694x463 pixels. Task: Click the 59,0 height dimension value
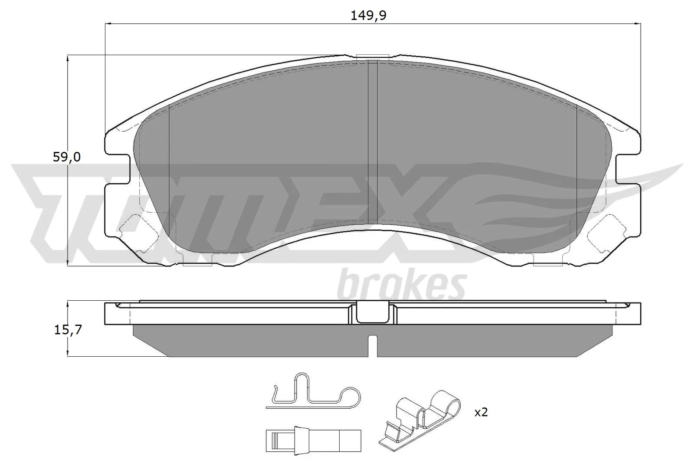pyautogui.click(x=66, y=157)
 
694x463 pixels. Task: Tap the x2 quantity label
pyautogui.click(x=481, y=412)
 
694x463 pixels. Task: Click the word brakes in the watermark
pyautogui.click(x=402, y=285)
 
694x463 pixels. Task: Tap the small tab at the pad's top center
pyautogui.click(x=372, y=57)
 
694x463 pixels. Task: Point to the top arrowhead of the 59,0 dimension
pyautogui.click(x=68, y=58)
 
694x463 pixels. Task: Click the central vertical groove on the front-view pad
pyautogui.click(x=373, y=143)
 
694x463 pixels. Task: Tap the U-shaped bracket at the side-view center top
pyautogui.click(x=373, y=312)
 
